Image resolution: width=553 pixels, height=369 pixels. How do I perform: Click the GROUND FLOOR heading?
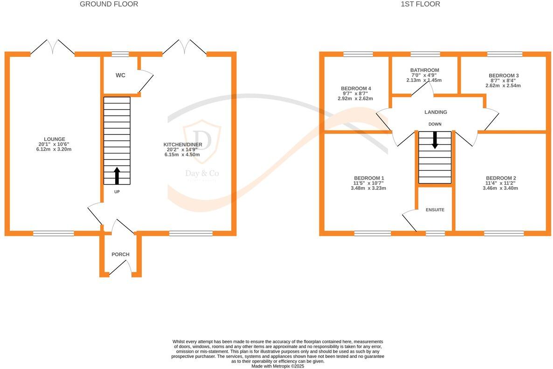click(109, 4)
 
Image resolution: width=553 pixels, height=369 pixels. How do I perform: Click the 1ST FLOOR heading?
click(420, 4)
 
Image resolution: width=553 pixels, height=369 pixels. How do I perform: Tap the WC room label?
click(120, 75)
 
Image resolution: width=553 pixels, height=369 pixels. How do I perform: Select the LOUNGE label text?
click(54, 139)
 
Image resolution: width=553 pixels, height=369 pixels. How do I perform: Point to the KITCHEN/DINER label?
click(182, 144)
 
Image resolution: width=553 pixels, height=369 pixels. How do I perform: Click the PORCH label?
click(120, 254)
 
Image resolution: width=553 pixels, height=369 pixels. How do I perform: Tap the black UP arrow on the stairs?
click(117, 175)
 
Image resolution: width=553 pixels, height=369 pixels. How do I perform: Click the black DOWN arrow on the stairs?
click(435, 140)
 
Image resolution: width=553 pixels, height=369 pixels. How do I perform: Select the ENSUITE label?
click(435, 210)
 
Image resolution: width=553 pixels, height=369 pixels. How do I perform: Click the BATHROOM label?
click(424, 70)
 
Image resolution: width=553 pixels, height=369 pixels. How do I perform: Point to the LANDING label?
click(435, 112)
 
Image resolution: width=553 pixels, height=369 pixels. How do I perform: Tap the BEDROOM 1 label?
click(369, 178)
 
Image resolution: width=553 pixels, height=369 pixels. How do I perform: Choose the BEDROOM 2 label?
click(501, 178)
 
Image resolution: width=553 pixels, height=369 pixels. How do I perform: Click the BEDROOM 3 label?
click(504, 76)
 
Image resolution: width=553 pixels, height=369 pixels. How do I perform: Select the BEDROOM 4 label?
click(356, 89)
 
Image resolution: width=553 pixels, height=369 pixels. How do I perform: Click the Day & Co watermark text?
click(202, 174)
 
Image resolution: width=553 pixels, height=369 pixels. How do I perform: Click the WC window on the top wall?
click(120, 54)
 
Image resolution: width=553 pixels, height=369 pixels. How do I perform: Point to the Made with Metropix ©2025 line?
click(277, 366)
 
